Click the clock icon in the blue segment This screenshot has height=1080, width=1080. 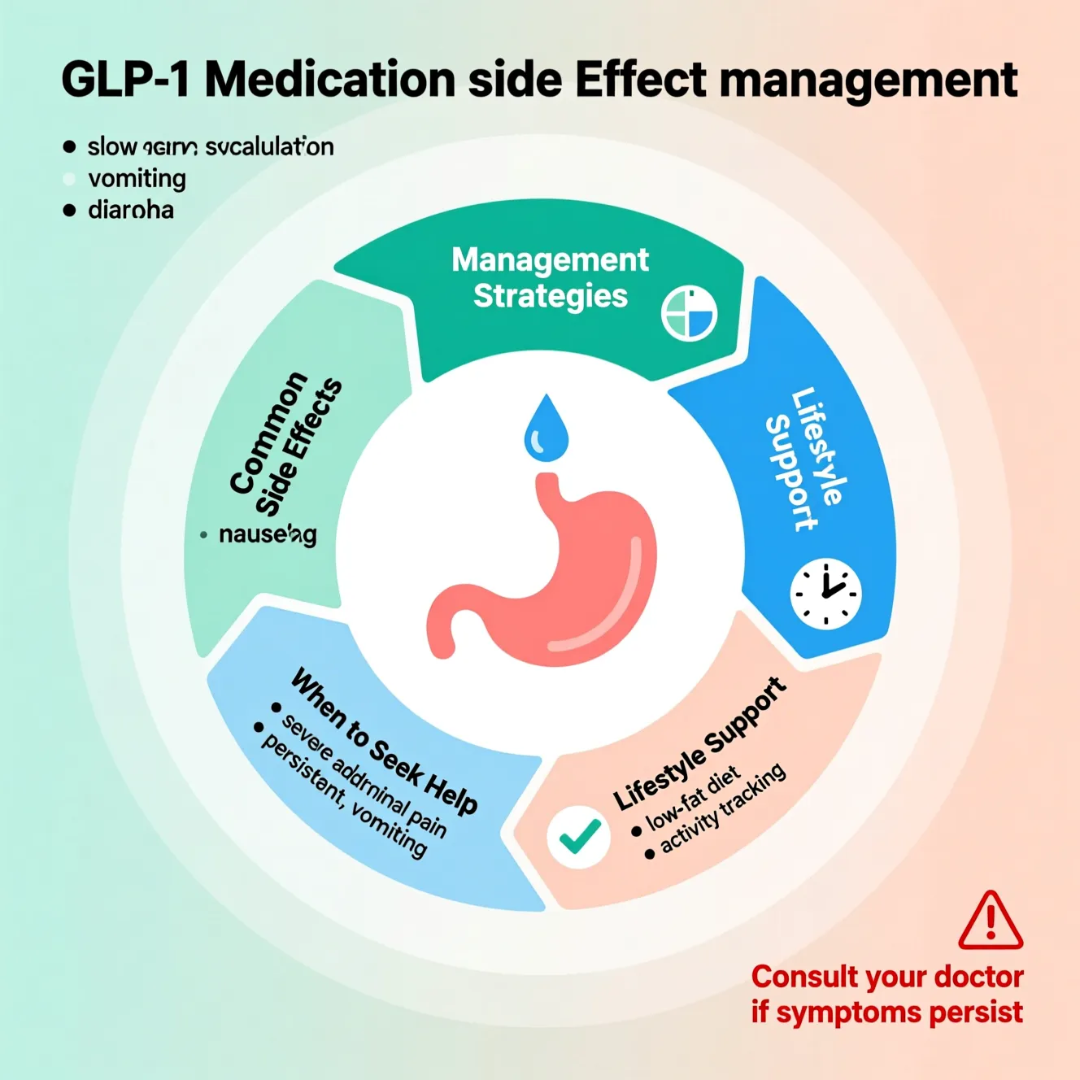coord(825,594)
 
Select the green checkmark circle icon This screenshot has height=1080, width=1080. coord(579,837)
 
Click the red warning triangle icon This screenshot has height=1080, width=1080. coord(990,921)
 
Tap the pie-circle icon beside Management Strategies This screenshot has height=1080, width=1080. coord(689,314)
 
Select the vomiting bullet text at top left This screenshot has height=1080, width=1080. coord(137,178)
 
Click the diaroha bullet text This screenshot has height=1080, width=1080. coord(130,210)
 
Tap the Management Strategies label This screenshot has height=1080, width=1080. coord(551,277)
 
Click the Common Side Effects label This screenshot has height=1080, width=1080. coord(285,443)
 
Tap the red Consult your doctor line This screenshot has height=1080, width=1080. coord(886,976)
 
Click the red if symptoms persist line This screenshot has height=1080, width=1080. coord(886,1012)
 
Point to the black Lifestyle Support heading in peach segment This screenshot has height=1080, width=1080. coord(700,744)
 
